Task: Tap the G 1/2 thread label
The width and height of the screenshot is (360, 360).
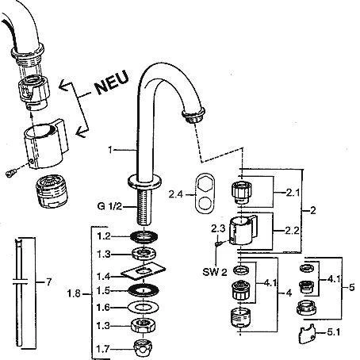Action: [109, 206]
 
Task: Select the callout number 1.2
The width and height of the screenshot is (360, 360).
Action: [104, 236]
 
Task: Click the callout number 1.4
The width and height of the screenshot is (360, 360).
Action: [103, 277]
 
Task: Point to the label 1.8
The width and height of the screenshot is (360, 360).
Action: [74, 293]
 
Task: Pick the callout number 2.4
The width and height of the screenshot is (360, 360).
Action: [176, 195]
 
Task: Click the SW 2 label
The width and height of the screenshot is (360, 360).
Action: [215, 272]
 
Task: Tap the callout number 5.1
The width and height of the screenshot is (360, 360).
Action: [334, 332]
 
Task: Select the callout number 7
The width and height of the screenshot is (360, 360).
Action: [48, 282]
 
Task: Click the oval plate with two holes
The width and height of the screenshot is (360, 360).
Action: [204, 193]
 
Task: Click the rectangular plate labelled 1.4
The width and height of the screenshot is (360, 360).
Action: [143, 271]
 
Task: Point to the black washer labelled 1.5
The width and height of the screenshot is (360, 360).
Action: [143, 291]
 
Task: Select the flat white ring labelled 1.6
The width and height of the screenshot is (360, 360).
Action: [143, 308]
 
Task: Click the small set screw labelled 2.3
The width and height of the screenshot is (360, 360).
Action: [218, 243]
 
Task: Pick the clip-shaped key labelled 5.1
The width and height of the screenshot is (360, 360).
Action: [308, 334]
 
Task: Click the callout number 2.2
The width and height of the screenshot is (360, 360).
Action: [292, 231]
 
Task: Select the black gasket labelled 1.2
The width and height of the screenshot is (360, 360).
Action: [144, 236]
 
